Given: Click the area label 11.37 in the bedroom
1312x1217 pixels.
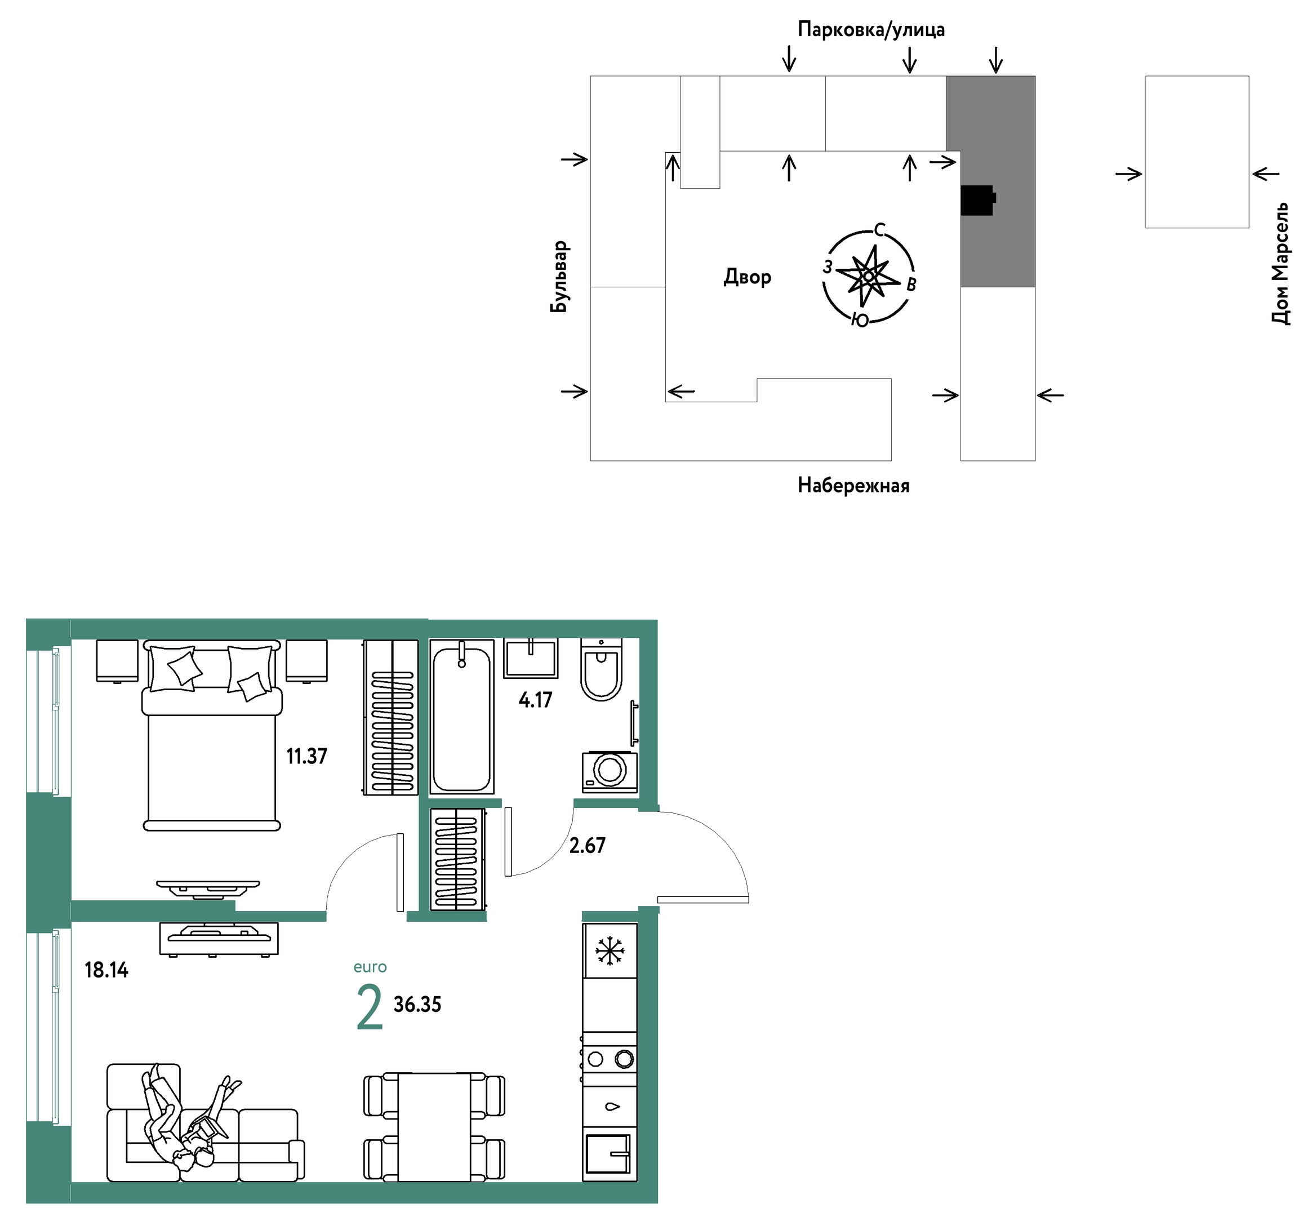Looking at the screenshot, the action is (x=306, y=756).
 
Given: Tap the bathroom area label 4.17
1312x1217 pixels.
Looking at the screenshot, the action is (x=535, y=699).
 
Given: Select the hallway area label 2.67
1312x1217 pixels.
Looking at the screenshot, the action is (x=586, y=845).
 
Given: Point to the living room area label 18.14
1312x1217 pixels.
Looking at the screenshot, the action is (x=106, y=970).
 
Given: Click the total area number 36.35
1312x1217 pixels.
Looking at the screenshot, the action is (x=417, y=1004).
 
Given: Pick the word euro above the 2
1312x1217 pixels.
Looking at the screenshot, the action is (x=370, y=967).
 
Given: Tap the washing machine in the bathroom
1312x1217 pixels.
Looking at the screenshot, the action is (x=610, y=772).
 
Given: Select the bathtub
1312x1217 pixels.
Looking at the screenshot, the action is (x=462, y=717).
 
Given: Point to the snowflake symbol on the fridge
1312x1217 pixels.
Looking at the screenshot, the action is (x=610, y=950).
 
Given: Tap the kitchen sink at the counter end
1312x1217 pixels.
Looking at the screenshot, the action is (x=609, y=1153).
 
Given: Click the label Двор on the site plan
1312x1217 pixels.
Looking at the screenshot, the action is (x=747, y=277).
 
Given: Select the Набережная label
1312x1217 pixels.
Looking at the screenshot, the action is (x=853, y=485).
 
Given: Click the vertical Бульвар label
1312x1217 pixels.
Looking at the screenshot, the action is (x=559, y=277).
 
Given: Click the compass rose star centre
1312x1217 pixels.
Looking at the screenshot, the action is (x=868, y=277).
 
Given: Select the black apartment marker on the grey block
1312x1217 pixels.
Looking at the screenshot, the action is (x=977, y=200).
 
